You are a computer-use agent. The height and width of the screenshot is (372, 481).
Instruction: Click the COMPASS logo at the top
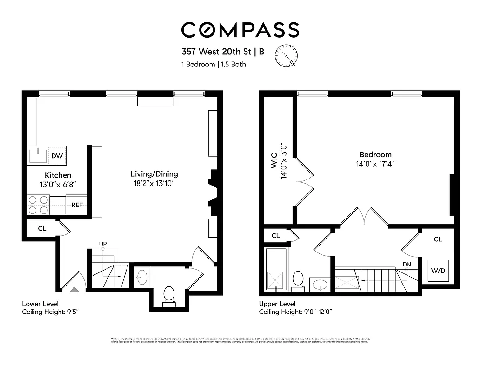pos(240,30)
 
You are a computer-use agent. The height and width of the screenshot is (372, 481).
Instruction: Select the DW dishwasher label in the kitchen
pos(57,156)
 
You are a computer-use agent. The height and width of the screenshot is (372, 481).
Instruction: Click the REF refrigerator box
pos(77,205)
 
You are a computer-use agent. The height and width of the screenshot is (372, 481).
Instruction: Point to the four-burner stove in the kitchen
pos(39,205)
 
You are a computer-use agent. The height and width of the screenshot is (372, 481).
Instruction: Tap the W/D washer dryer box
pos(438,271)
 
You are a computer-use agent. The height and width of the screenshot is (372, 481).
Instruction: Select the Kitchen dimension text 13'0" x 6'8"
pos(58,184)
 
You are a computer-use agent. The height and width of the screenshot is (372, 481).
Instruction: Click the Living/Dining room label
pos(154,174)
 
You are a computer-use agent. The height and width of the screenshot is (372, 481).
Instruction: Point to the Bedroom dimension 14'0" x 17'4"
pos(375,164)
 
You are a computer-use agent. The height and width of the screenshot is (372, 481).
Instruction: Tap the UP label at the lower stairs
pos(103,244)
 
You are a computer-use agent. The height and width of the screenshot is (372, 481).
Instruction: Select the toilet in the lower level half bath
pos(169,295)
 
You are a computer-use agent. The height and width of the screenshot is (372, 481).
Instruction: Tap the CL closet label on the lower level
pos(42,229)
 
